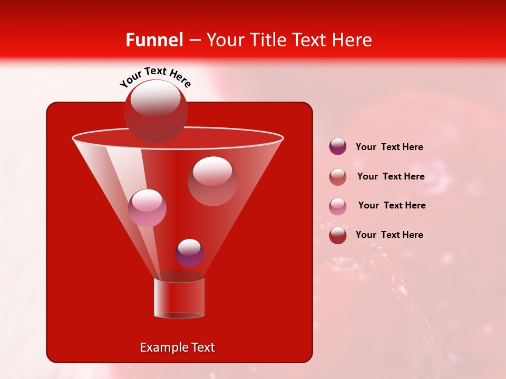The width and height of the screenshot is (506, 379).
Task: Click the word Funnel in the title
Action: pyautogui.click(x=154, y=40)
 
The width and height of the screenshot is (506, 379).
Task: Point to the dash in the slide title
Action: pyautogui.click(x=194, y=41)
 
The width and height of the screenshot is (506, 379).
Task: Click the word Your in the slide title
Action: pyautogui.click(x=225, y=40)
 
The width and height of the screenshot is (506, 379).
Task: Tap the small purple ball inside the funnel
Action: pyautogui.click(x=189, y=253)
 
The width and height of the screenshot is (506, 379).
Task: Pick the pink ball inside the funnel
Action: pyautogui.click(x=147, y=208)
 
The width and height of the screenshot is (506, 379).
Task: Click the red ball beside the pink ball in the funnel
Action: pyautogui.click(x=212, y=181)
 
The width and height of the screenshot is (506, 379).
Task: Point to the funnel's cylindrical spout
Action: pyautogui.click(x=179, y=298)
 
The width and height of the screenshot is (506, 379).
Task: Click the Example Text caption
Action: pyautogui.click(x=178, y=347)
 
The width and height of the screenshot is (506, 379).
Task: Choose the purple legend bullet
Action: pyautogui.click(x=338, y=147)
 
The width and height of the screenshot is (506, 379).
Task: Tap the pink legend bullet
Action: pyautogui.click(x=338, y=206)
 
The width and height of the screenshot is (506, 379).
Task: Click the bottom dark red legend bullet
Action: pyautogui.click(x=338, y=235)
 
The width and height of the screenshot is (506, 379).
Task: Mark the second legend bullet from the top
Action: pyautogui.click(x=338, y=176)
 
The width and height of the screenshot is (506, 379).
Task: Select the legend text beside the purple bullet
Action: pyautogui.click(x=389, y=147)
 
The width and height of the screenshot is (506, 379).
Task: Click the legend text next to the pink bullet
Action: pyautogui.click(x=392, y=205)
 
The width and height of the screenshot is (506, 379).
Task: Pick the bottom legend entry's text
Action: pyautogui.click(x=389, y=235)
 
